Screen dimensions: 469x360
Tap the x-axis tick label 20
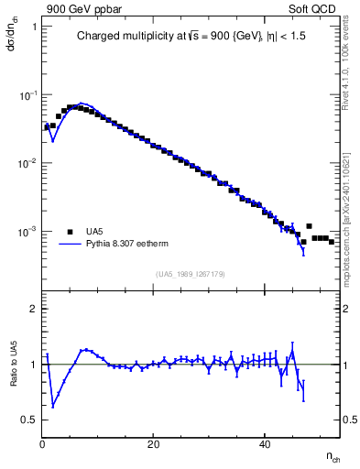[154, 444]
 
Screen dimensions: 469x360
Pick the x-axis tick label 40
[265, 444]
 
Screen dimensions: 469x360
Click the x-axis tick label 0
[42, 444]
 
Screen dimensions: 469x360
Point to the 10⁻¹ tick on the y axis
[28, 94]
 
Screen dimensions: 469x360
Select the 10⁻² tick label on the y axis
[28, 163]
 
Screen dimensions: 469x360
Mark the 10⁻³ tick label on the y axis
[28, 232]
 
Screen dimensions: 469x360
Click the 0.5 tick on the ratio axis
[30, 420]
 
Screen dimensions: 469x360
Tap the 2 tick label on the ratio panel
[35, 309]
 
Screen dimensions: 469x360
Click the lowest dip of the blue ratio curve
[53, 407]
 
